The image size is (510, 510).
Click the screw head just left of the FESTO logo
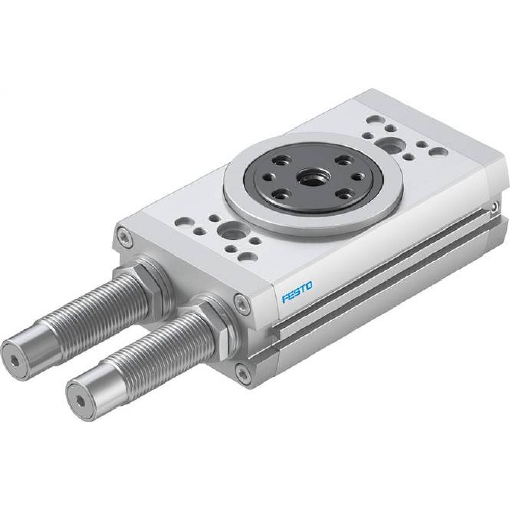241,302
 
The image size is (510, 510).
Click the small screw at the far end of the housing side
494,206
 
